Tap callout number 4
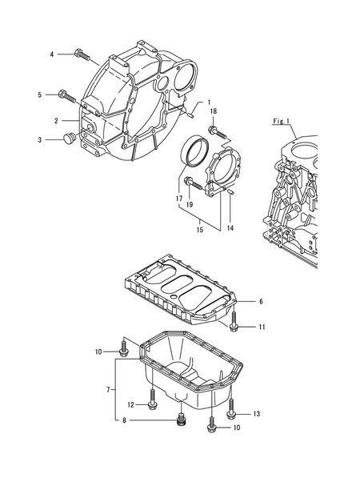point(52,54)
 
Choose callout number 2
point(57,120)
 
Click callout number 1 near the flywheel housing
point(210,102)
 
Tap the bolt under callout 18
point(214,130)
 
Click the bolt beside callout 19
point(190,183)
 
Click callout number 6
point(261,301)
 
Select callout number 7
point(110,389)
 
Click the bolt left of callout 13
point(231,410)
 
